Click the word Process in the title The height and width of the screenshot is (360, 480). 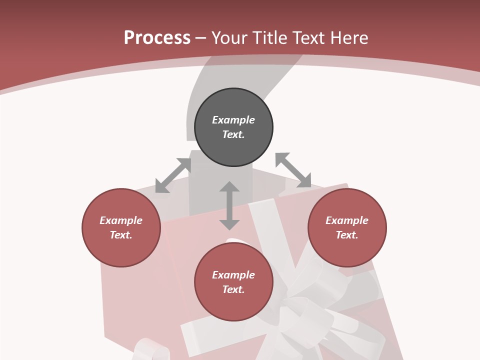157,38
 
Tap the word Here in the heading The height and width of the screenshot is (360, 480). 348,38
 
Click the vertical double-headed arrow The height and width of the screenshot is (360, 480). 229,205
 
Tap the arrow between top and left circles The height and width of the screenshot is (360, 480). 173,175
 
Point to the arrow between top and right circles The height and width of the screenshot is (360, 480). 293,170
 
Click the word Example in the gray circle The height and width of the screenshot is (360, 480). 233,120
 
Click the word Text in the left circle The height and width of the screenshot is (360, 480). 120,235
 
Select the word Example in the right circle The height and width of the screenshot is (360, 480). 347,220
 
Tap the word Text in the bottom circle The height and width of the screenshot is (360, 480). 233,289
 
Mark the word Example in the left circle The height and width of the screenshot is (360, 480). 121,220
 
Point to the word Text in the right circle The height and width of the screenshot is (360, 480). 346,235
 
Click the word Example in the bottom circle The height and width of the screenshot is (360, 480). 233,275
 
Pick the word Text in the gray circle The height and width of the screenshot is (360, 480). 233,134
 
